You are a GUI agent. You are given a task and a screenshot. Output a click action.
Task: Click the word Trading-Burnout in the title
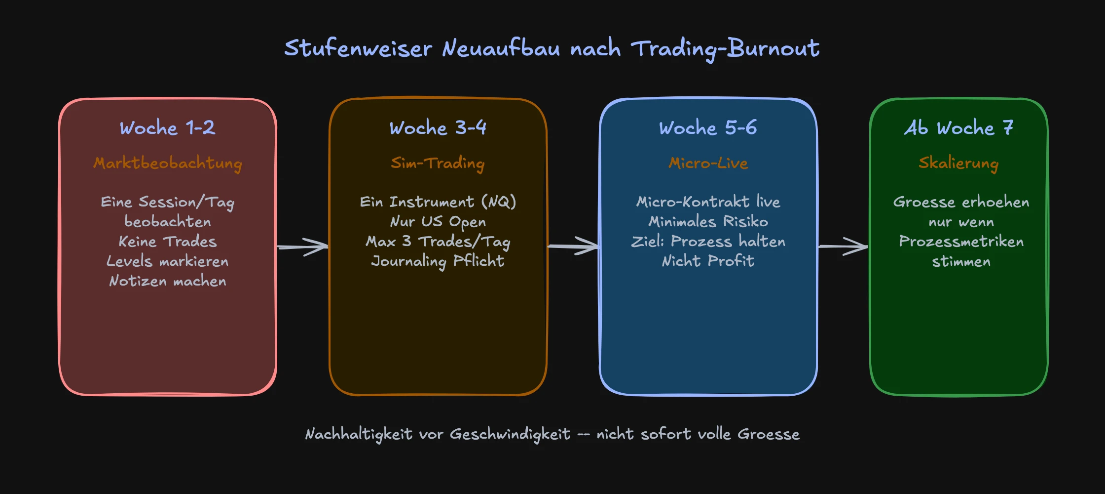(x=725, y=48)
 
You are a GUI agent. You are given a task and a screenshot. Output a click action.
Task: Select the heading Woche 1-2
(x=167, y=128)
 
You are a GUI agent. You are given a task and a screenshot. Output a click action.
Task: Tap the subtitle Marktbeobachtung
(x=168, y=163)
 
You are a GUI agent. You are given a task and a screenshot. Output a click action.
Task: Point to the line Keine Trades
(x=168, y=242)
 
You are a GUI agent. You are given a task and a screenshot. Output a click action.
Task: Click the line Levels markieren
(x=168, y=261)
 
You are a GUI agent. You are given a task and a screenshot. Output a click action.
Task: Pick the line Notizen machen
(x=168, y=281)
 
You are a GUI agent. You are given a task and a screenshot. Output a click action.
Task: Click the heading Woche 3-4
(x=438, y=128)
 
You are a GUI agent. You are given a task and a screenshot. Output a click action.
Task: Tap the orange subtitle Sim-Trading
(x=438, y=163)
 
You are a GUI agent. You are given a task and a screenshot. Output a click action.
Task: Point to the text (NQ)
(x=499, y=202)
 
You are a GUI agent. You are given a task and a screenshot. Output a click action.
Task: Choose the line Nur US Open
(x=438, y=222)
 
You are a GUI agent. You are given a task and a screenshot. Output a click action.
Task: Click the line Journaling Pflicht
(x=438, y=261)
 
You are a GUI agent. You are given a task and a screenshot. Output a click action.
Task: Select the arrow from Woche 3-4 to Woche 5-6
(x=573, y=246)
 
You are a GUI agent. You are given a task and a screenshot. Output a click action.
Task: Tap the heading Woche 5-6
(x=708, y=128)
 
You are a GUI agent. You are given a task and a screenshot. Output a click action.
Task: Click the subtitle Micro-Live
(x=708, y=163)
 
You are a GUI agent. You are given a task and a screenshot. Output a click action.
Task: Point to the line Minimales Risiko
(x=708, y=222)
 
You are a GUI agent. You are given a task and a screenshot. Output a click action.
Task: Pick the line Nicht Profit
(x=708, y=261)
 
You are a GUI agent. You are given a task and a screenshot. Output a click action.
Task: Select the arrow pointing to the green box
(x=843, y=246)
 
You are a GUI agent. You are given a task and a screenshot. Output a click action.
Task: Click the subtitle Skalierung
(x=958, y=163)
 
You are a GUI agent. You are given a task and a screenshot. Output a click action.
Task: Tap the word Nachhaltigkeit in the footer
(x=359, y=434)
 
